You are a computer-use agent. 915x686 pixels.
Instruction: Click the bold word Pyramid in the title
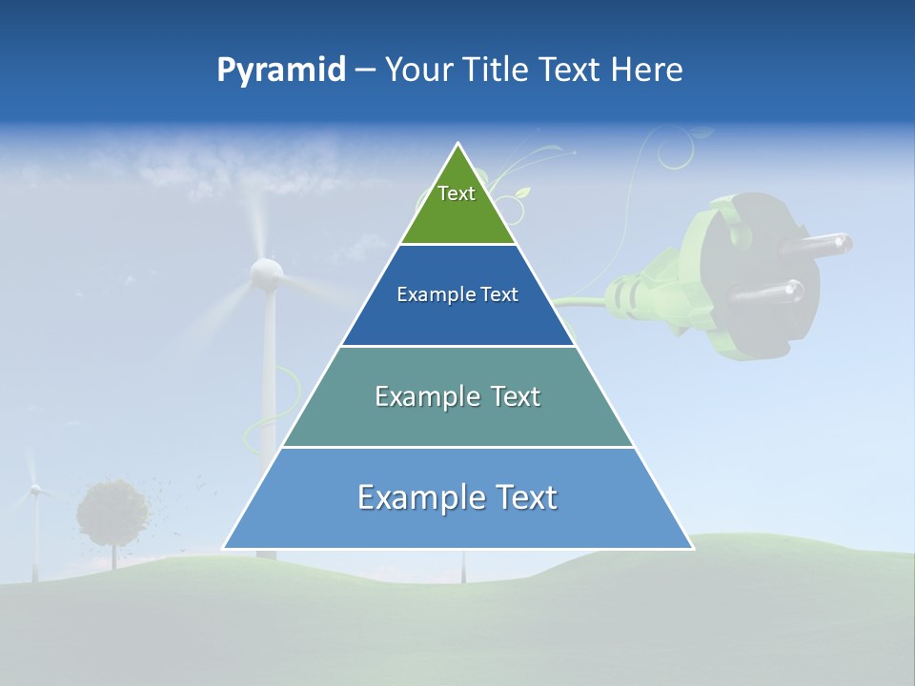(x=281, y=71)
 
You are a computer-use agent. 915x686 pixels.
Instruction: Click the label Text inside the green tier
(x=457, y=193)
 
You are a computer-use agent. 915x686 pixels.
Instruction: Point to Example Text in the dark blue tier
(x=457, y=294)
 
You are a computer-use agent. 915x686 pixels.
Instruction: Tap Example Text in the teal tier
(x=457, y=396)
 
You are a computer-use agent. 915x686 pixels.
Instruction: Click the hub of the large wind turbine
(x=266, y=273)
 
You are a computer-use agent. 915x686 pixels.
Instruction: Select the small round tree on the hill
(x=112, y=513)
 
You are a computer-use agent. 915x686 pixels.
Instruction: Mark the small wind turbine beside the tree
(x=35, y=491)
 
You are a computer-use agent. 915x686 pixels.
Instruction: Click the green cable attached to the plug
(x=581, y=302)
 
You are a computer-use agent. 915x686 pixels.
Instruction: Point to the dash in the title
(x=365, y=71)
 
